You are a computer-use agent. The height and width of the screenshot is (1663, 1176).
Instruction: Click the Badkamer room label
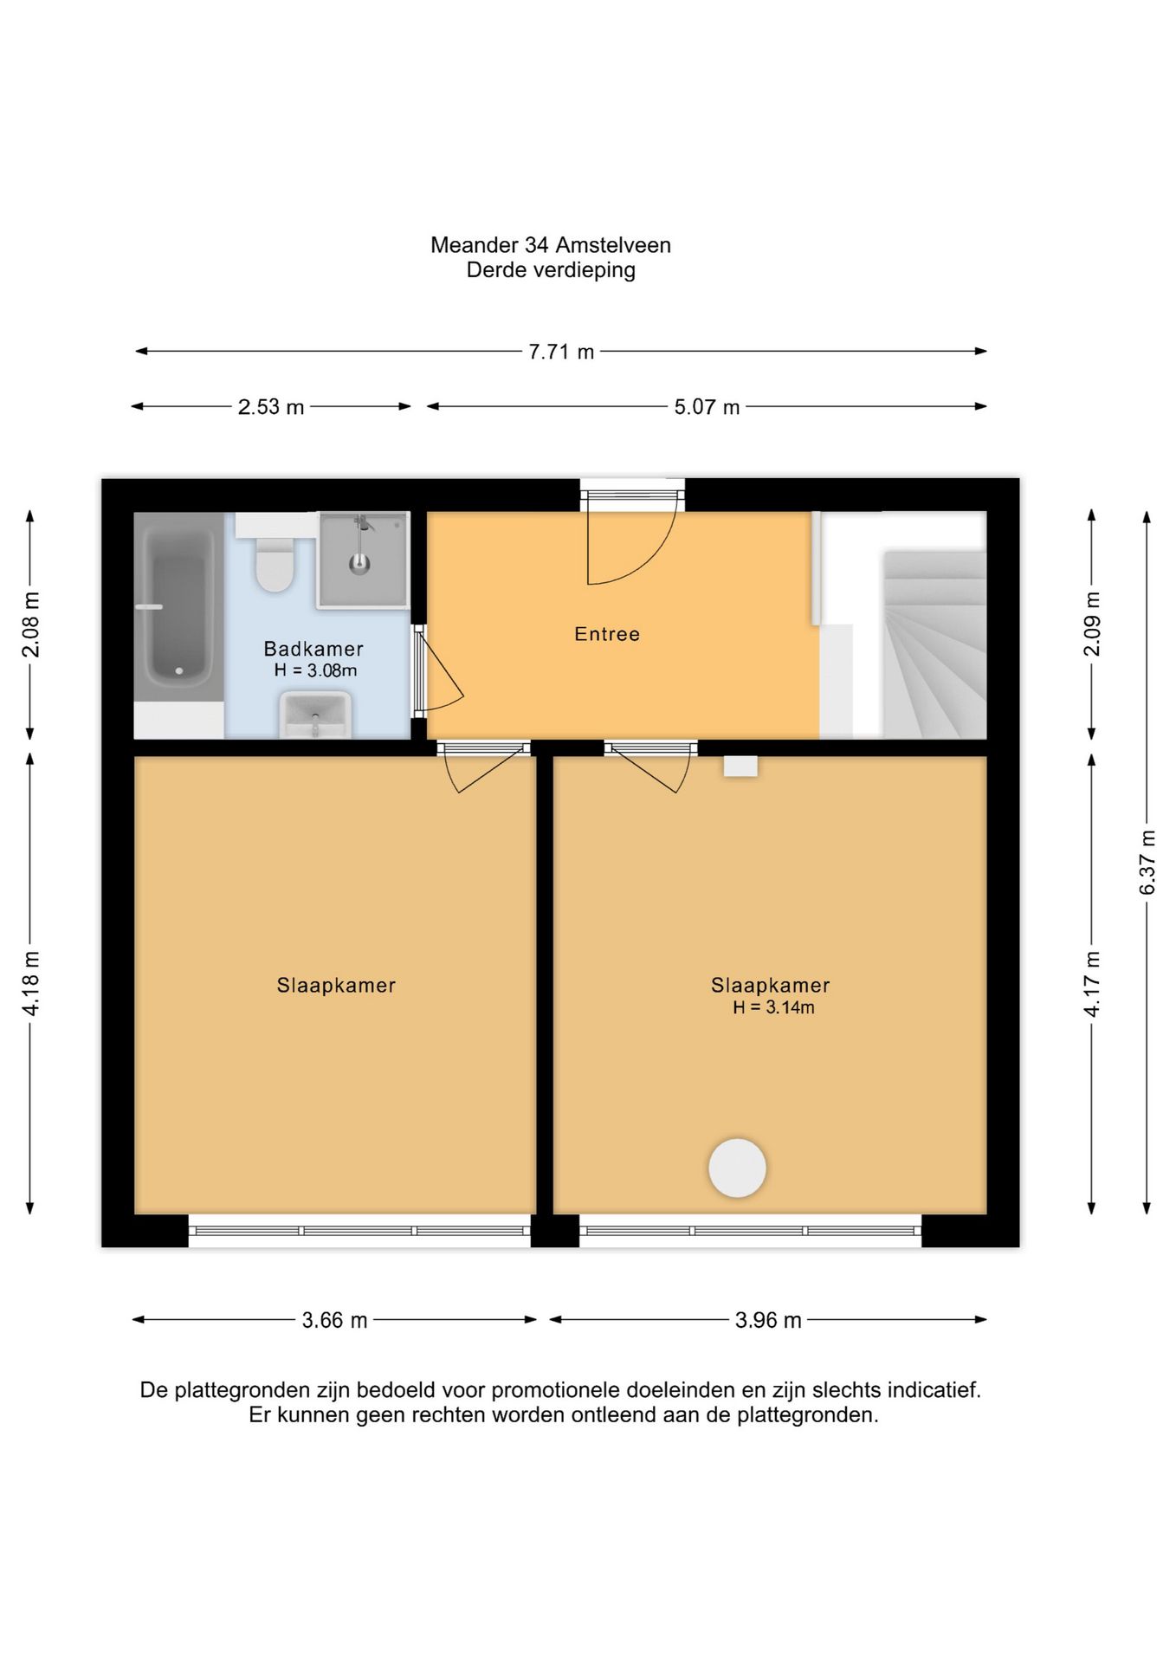tap(313, 649)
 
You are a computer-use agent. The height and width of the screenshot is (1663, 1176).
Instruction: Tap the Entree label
tap(607, 634)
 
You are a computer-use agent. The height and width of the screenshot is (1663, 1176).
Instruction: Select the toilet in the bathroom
tap(275, 564)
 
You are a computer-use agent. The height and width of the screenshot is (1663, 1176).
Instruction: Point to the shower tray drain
tap(359, 564)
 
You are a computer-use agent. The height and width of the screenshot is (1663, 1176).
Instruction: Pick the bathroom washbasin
tap(314, 715)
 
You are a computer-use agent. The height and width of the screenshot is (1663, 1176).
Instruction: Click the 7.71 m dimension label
tap(561, 352)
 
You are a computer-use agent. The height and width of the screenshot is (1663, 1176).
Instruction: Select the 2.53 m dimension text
tap(271, 407)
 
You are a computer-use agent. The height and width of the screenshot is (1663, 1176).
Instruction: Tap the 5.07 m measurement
tap(707, 407)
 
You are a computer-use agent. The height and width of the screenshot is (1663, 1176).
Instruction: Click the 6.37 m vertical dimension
tap(1147, 863)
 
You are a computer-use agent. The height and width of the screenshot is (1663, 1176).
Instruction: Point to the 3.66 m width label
tap(334, 1320)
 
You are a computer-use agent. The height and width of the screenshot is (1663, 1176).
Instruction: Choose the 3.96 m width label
tap(768, 1320)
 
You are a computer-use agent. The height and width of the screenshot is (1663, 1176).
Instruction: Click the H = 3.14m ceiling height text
tap(773, 1007)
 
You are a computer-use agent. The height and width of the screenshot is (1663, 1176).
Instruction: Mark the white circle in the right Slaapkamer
tap(737, 1168)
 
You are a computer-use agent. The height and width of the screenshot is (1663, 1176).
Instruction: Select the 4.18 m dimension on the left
tap(30, 983)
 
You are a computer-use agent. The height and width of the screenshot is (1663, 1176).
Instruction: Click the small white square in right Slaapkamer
tap(740, 766)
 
